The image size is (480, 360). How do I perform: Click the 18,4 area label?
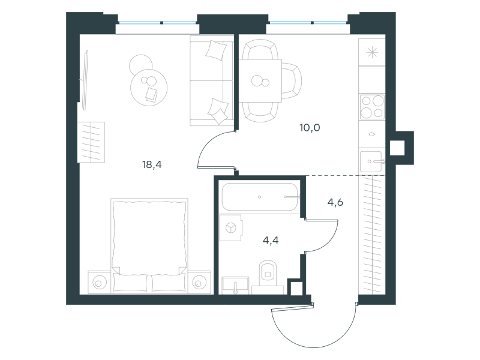coord(152,164)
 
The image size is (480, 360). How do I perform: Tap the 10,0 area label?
coord(310,127)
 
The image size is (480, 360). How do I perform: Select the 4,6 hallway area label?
coord(335,202)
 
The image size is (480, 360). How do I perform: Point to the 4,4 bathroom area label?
coord(271,241)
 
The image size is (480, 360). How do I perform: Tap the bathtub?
coord(260,197)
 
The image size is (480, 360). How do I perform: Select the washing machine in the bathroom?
coord(231,228)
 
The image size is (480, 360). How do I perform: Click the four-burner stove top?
coord(372,107)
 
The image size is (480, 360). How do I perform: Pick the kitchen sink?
coord(371,161)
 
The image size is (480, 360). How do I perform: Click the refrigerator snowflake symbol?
coord(372,53)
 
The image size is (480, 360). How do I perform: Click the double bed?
coord(149,245)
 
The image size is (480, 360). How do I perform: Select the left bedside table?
coord(99,283)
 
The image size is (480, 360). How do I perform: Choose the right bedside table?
coord(199,283)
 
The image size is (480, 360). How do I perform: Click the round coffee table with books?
coord(149,88)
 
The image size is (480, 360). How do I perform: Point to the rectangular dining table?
coord(260,81)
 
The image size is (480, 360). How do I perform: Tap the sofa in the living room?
coord(212,80)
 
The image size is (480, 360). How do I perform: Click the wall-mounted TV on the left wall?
coord(85,80)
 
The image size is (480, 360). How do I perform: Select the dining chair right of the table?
coord(292,81)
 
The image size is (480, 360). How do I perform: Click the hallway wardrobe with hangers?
coord(371,235)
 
